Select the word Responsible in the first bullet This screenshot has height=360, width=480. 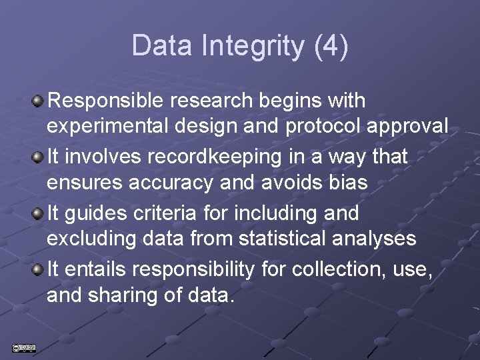pyautogui.click(x=107, y=101)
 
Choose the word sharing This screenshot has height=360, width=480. pyautogui.click(x=127, y=294)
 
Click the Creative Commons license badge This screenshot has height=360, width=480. pyautogui.click(x=24, y=347)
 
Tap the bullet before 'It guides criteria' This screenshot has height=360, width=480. pyautogui.click(x=38, y=213)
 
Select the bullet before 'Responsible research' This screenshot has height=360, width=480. pyautogui.click(x=38, y=101)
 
